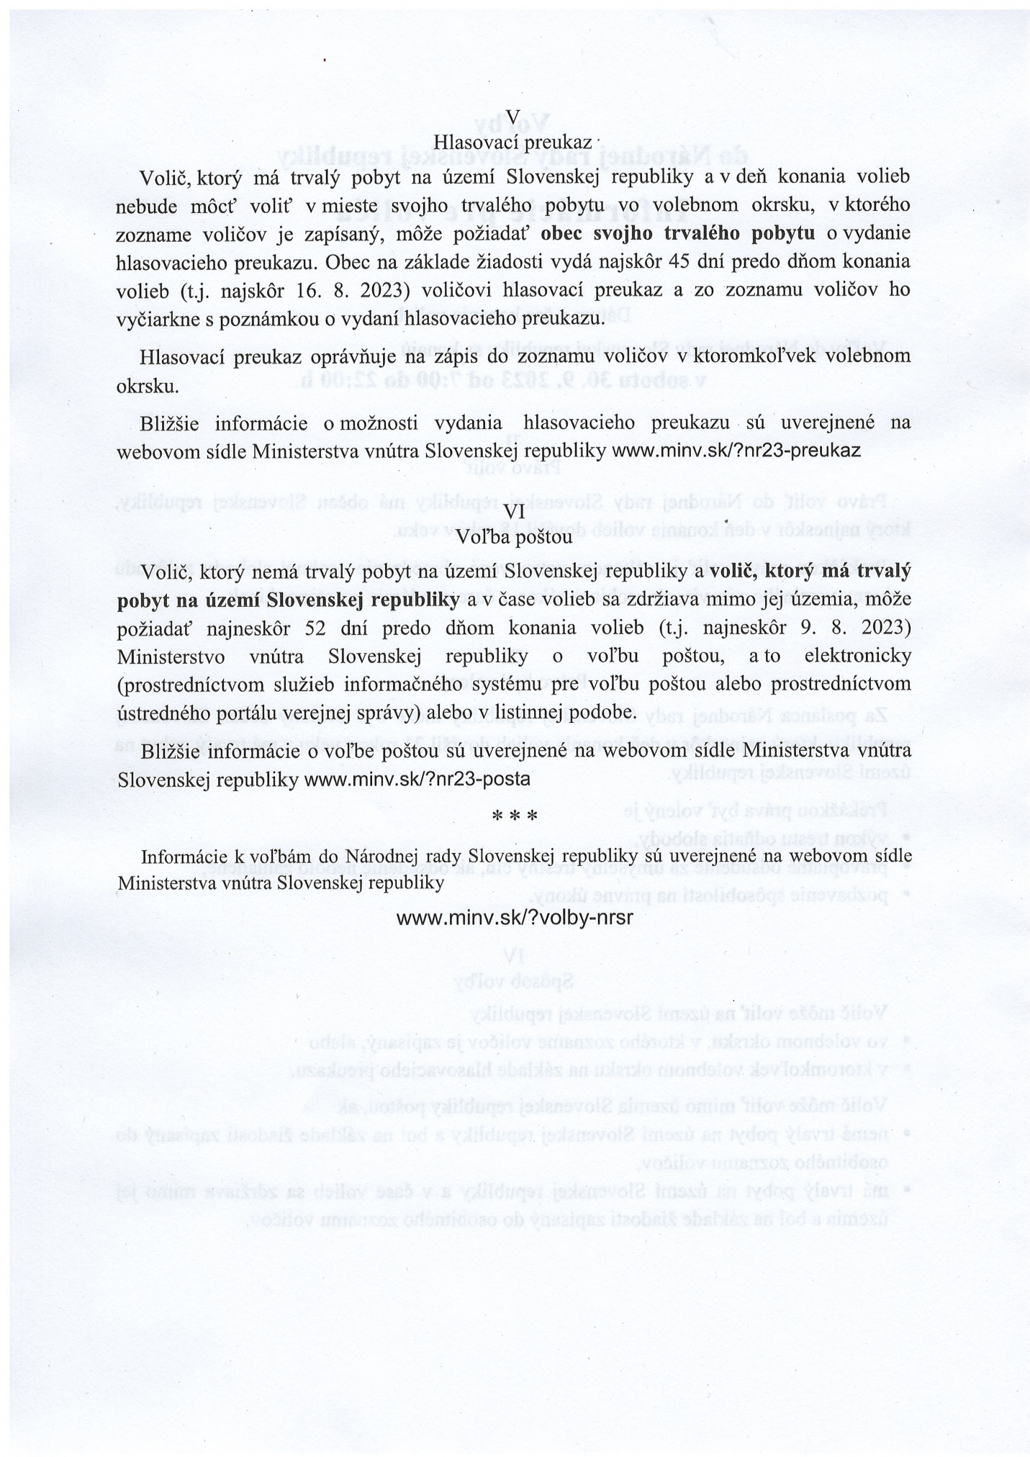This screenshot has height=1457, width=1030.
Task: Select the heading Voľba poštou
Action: [515, 536]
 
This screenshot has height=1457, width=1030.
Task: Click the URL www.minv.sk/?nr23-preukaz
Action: [736, 451]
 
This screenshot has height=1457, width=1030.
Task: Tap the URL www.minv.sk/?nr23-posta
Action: [417, 779]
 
